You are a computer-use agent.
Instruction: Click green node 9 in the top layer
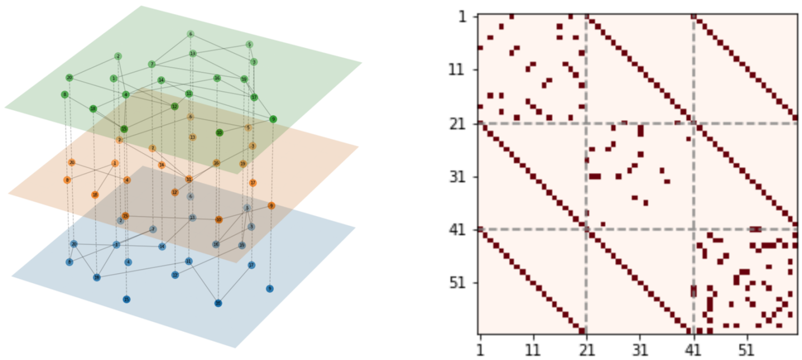pyautogui.click(x=273, y=119)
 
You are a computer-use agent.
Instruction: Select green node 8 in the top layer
pyautogui.click(x=65, y=94)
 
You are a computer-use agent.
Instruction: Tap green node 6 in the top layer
pyautogui.click(x=190, y=34)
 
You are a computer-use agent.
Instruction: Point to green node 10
pyautogui.click(x=219, y=133)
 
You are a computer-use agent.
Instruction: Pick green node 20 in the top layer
pyautogui.click(x=69, y=78)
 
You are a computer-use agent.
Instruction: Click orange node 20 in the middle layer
pyautogui.click(x=72, y=162)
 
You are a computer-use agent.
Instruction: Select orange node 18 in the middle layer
pyautogui.click(x=95, y=195)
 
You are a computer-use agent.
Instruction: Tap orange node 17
pyautogui.click(x=252, y=183)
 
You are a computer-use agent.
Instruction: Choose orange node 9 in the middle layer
pyautogui.click(x=271, y=206)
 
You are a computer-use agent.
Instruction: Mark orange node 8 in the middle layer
pyautogui.click(x=67, y=180)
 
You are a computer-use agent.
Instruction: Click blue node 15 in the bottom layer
pyautogui.click(x=126, y=300)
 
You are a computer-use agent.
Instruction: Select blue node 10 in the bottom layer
pyautogui.click(x=218, y=303)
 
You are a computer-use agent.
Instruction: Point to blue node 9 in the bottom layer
pyautogui.click(x=269, y=288)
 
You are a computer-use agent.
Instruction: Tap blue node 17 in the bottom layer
pyautogui.click(x=251, y=265)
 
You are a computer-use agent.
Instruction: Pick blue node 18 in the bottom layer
pyautogui.click(x=97, y=277)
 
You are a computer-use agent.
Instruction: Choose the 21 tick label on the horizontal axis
pyautogui.click(x=587, y=351)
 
